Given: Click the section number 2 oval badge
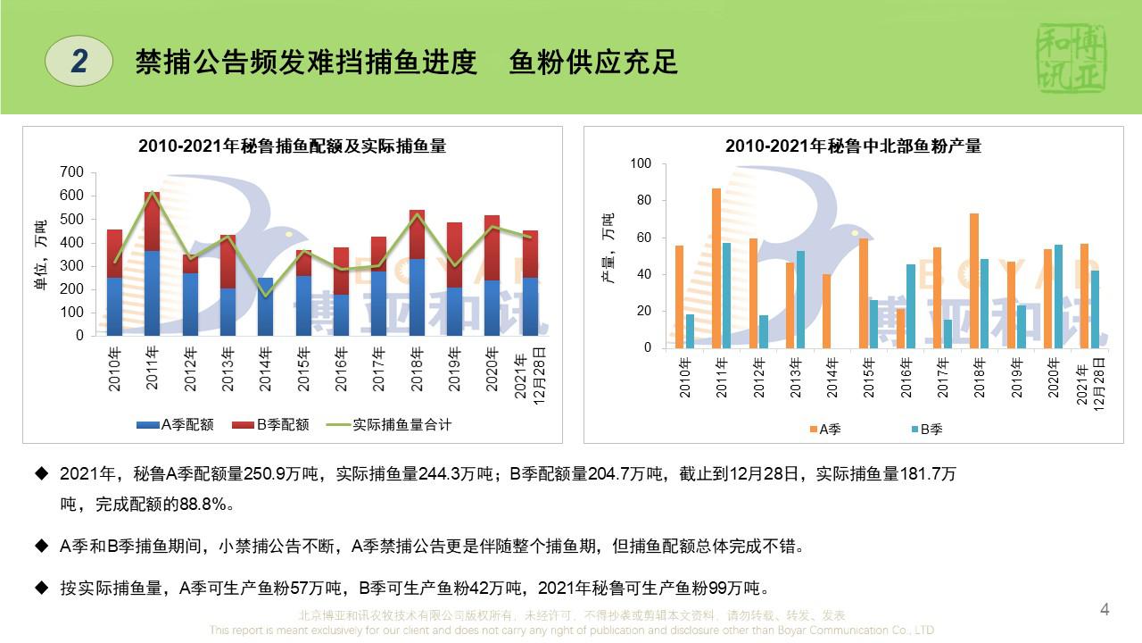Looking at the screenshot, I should click(79, 61).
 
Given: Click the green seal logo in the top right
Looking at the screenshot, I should click(1072, 58).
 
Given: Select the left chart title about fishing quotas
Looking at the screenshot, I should click(292, 146).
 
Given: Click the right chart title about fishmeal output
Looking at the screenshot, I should click(853, 146).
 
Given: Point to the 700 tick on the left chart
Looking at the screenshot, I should click(71, 172).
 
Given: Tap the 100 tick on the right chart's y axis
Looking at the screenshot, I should click(641, 163).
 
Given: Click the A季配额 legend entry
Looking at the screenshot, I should click(176, 425).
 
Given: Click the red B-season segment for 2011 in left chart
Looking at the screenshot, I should click(153, 221).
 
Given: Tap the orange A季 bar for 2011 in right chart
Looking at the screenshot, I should click(716, 268).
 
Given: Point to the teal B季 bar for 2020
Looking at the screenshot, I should click(1058, 296).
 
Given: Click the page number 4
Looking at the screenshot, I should click(1105, 610).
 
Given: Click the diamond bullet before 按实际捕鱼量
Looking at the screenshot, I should click(40, 588).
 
